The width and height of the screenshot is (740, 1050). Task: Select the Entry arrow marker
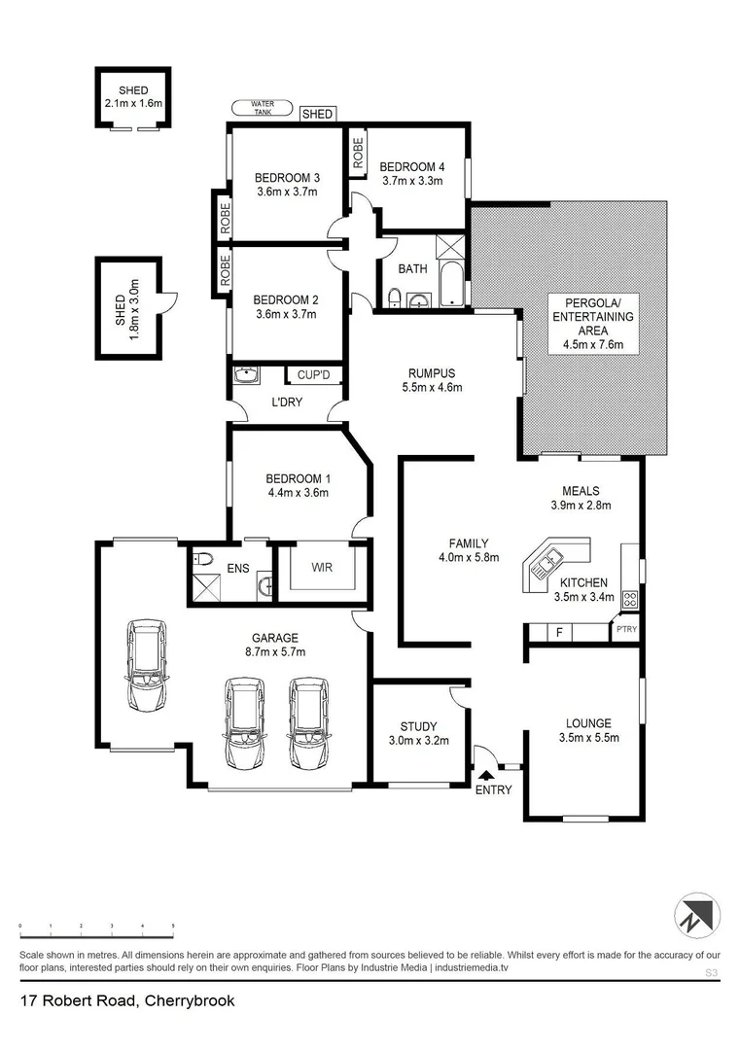point(485,775)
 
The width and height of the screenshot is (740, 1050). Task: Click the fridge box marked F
point(558,633)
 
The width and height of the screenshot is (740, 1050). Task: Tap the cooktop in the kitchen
point(629,599)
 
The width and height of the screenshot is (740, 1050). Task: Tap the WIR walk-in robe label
point(322,567)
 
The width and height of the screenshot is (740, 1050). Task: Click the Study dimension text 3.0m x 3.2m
point(419,741)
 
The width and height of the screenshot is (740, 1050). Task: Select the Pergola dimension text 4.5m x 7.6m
point(592,344)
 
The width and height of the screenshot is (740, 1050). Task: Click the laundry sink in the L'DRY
point(246,373)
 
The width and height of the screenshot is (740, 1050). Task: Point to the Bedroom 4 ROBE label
point(358,155)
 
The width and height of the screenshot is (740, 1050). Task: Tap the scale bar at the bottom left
point(96,927)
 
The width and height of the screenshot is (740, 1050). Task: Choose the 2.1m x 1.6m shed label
point(133,103)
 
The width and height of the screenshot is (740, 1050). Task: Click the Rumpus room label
point(432,372)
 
